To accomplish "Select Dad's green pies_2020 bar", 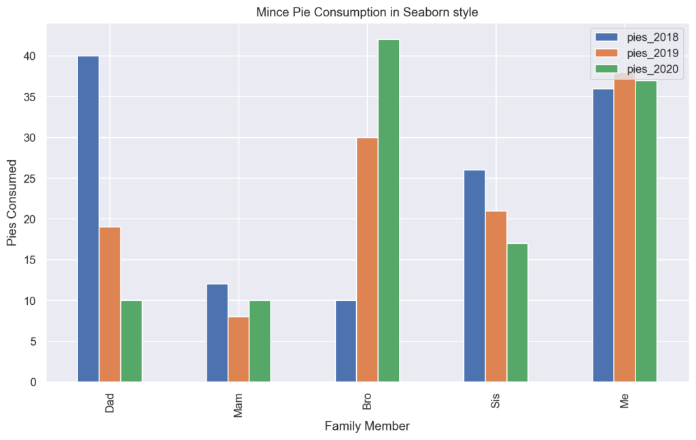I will (x=131, y=341).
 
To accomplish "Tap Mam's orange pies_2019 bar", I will (x=239, y=349).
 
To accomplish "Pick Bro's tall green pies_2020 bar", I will (x=389, y=210).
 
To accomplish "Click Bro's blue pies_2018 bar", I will (x=346, y=341).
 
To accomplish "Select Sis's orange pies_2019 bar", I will (x=496, y=296).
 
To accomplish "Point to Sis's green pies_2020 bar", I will (x=517, y=312).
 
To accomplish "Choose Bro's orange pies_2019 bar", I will (x=367, y=259).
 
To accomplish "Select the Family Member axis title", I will (x=367, y=426).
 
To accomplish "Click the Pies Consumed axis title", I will (x=12, y=203).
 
